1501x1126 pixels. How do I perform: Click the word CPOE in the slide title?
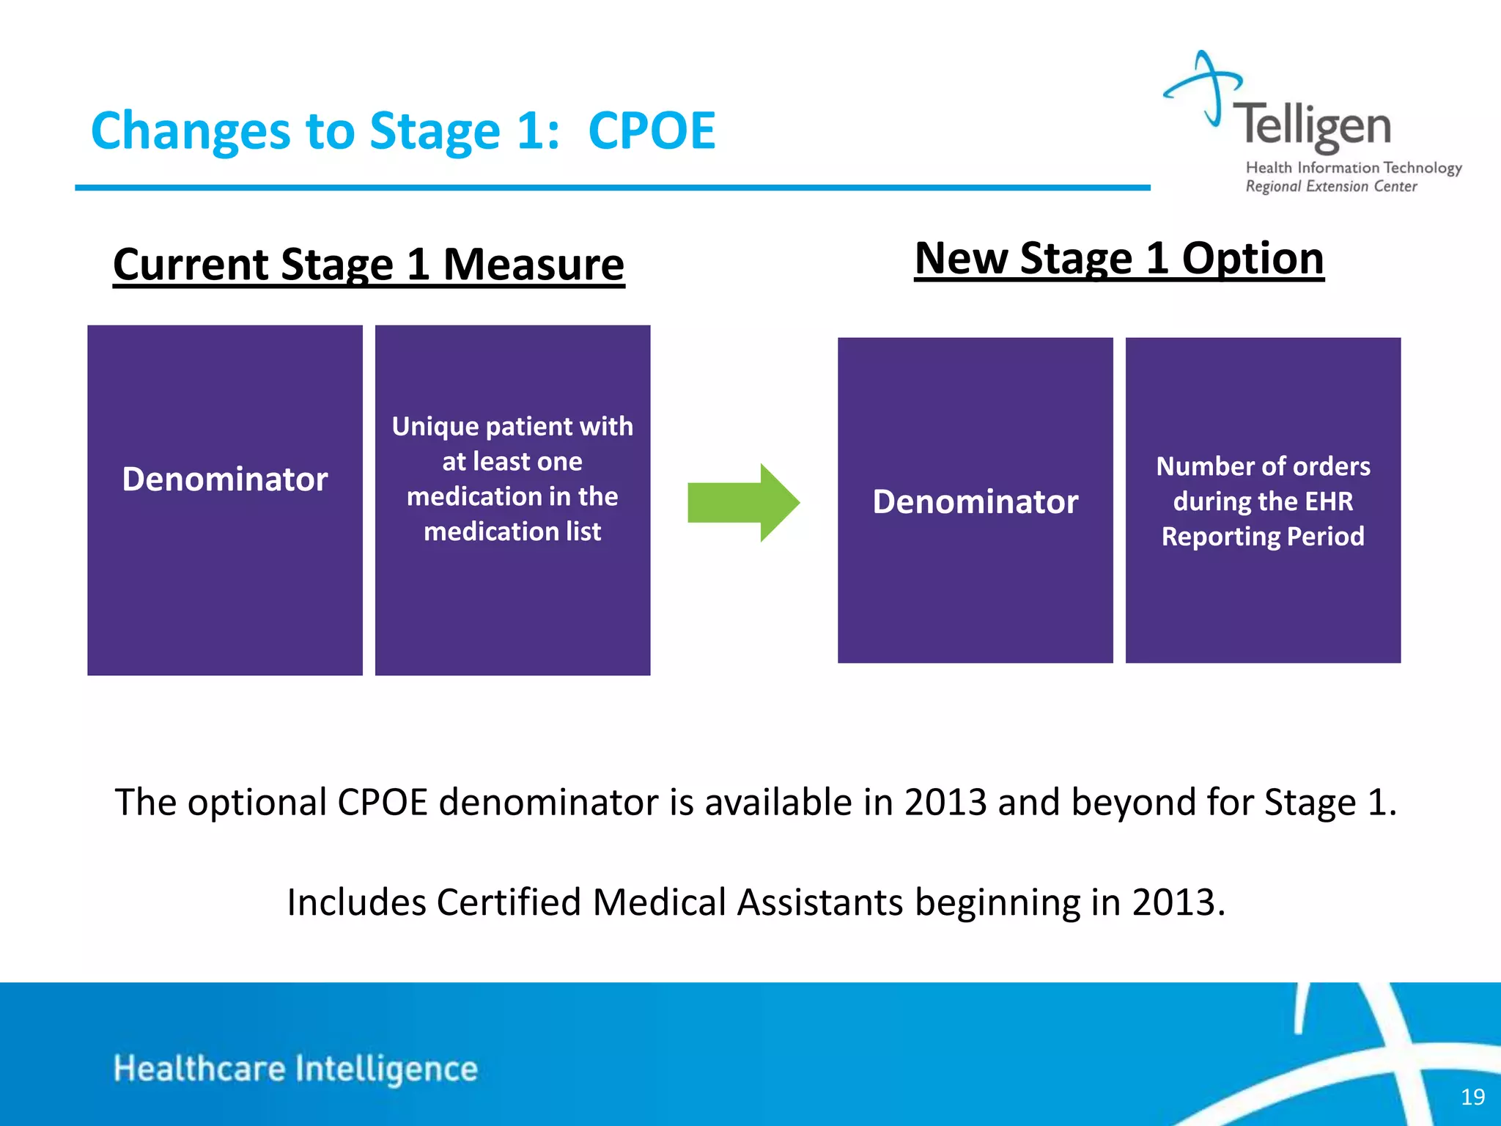pos(651,131)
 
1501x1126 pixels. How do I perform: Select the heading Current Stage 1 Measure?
pos(369,265)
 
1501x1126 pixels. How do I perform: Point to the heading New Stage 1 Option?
pos(1119,259)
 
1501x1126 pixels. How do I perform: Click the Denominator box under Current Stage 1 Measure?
pos(225,500)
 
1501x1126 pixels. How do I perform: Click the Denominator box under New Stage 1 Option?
pos(975,501)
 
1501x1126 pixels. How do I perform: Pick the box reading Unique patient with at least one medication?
pos(512,500)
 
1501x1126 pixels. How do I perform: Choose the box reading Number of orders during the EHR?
pos(1263,501)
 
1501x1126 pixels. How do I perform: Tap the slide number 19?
pos(1472,1097)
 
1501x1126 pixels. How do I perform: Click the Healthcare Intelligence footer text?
pos(295,1069)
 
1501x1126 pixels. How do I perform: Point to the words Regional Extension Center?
pos(1331,187)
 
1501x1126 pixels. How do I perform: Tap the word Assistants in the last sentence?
pos(819,902)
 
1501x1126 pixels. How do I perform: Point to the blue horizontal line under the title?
pos(612,188)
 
